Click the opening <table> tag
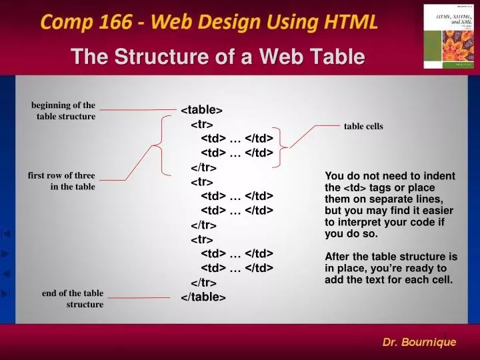(202, 110)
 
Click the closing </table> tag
(203, 297)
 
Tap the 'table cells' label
(363, 126)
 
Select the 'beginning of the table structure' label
(63, 111)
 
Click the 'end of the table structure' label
(73, 299)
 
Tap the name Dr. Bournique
(419, 342)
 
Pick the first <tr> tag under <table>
(202, 125)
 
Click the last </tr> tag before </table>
(204, 283)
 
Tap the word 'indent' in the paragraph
(439, 177)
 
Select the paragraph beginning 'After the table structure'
(391, 268)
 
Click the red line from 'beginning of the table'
(137, 109)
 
